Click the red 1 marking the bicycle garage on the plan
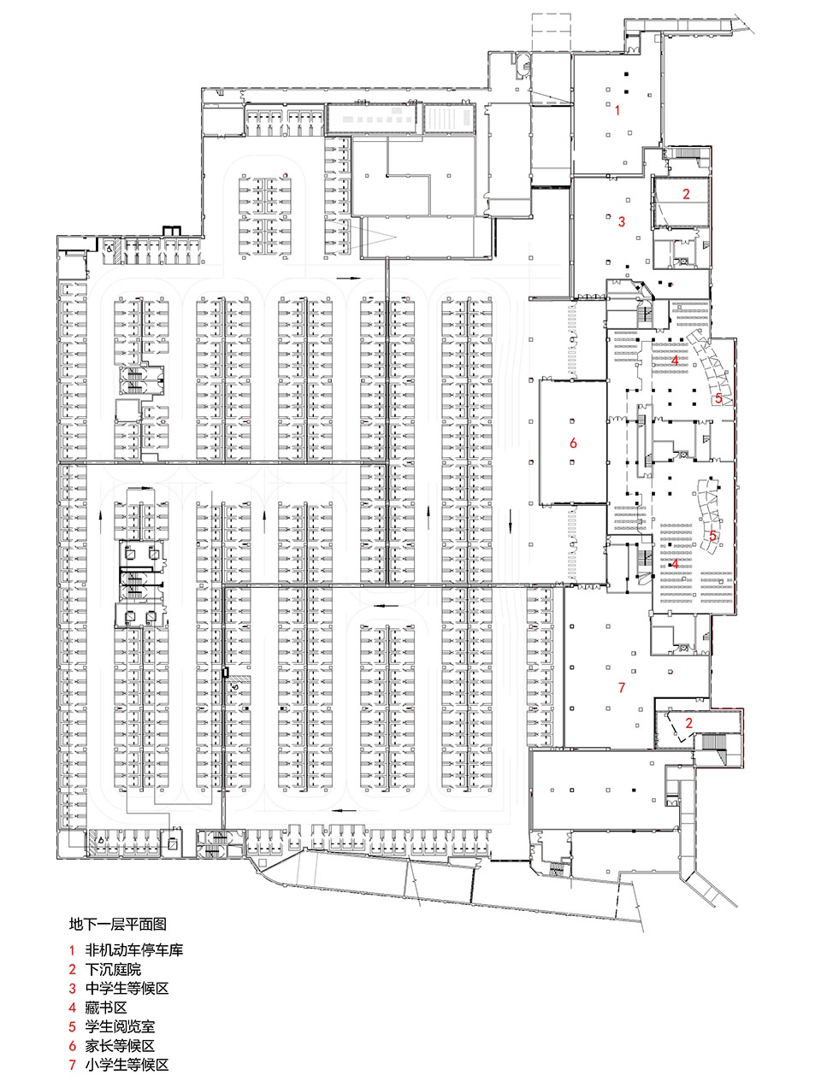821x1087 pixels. [617, 110]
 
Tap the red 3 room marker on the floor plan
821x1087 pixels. [622, 221]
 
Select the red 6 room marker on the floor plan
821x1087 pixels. [573, 443]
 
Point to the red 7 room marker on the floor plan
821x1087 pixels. [622, 687]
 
